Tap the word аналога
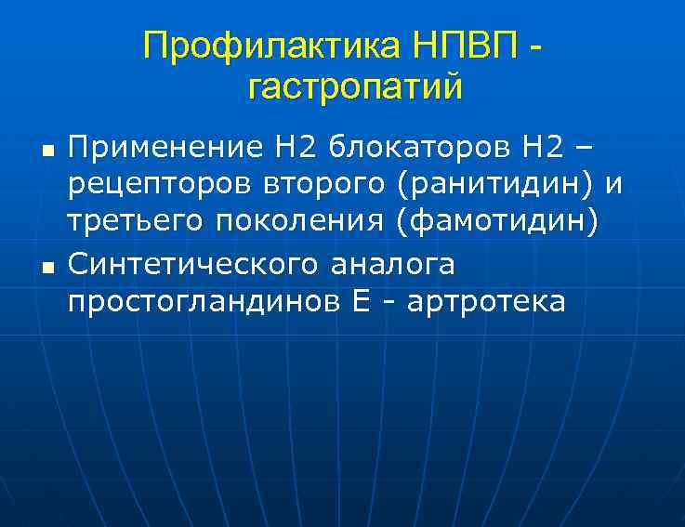(395, 265)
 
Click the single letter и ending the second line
(612, 186)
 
